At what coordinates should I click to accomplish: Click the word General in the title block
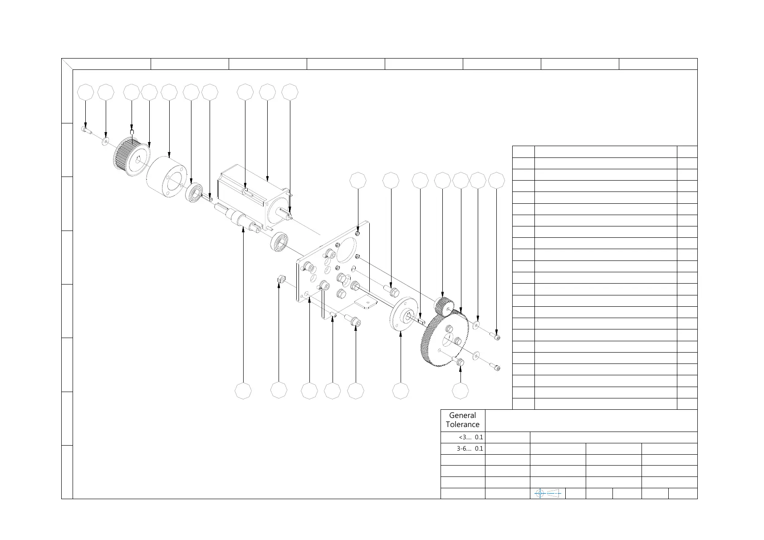462,415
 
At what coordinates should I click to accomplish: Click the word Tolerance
462,425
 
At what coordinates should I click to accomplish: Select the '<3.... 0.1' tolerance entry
471,437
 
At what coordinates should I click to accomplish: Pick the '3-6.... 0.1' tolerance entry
470,449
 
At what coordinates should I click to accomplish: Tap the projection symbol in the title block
548,493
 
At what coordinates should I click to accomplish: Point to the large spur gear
445,338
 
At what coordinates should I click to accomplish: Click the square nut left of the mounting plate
280,280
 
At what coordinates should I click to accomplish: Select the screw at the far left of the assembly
86,131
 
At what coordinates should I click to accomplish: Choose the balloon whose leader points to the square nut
279,391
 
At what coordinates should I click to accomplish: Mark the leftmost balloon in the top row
86,92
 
